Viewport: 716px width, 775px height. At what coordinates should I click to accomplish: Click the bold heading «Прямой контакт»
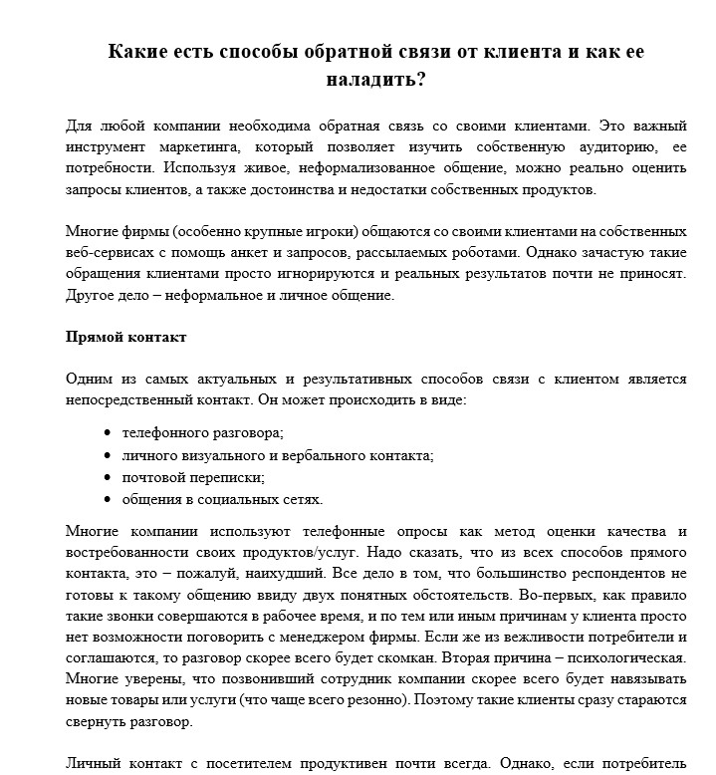[125, 337]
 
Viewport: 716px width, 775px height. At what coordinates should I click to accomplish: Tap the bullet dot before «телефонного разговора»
[107, 433]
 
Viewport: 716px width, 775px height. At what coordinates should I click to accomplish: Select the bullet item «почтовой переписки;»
[193, 477]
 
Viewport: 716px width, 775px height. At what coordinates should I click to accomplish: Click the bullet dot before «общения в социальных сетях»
[107, 500]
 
